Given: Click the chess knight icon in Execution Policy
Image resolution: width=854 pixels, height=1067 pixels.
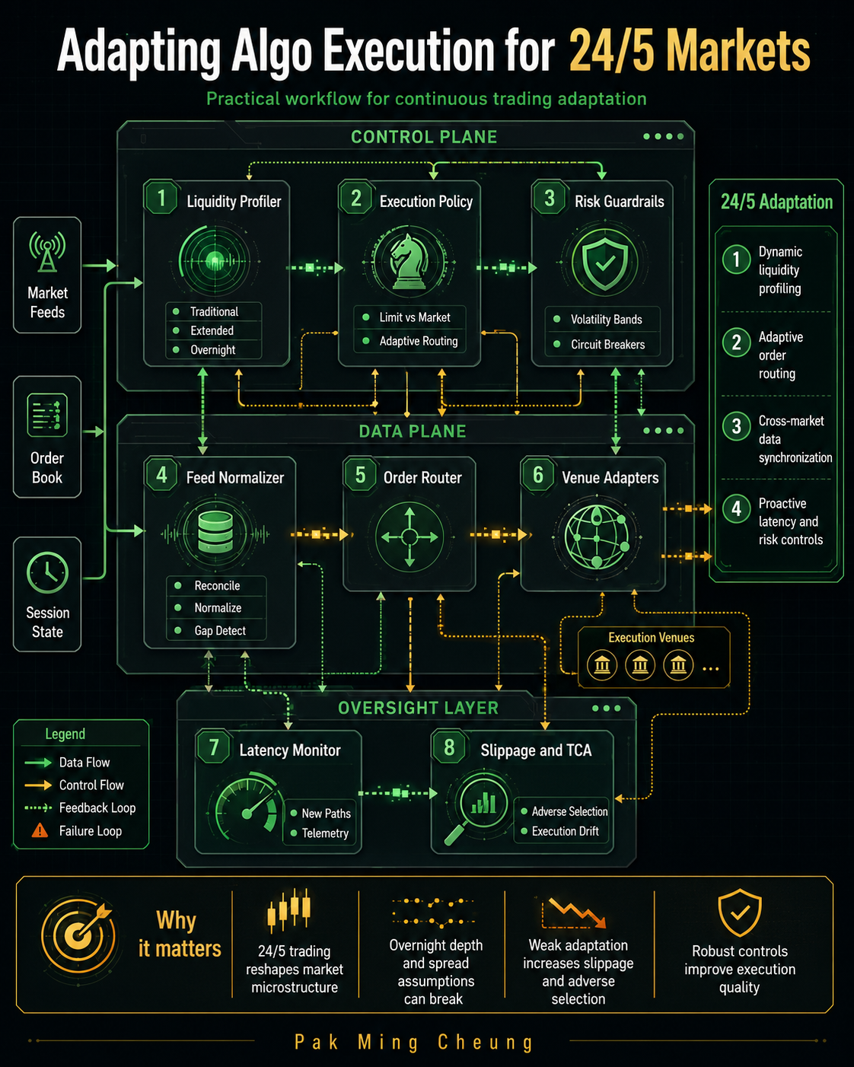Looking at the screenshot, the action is (409, 262).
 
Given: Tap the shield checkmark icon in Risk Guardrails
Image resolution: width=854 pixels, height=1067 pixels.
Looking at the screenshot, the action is (604, 262).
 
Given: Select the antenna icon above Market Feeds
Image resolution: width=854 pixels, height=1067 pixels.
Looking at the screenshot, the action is (47, 251).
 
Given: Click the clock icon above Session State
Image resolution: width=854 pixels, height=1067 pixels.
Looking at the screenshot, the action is (48, 572).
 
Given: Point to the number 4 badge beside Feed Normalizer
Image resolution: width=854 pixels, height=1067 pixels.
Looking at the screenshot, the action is (161, 475).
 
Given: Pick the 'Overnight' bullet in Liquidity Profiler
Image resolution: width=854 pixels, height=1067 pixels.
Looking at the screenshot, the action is (213, 350).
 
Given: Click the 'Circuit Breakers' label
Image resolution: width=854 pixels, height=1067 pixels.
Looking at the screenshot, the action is (607, 345).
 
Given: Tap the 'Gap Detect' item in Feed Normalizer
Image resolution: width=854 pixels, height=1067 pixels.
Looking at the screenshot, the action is (220, 631).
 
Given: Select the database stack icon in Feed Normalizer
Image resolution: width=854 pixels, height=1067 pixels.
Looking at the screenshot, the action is (215, 532).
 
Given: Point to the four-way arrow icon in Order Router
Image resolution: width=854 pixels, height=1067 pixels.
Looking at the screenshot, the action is (409, 537).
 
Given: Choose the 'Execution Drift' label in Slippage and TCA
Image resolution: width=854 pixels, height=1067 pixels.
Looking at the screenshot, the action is (565, 831).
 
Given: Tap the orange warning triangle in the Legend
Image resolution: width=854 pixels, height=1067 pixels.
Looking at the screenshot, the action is (40, 830).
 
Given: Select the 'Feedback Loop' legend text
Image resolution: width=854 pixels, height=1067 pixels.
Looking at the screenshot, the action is (97, 807).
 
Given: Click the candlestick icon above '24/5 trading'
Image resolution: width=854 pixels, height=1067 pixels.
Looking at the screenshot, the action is (288, 909).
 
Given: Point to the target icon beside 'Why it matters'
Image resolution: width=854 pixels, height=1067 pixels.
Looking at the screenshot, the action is (79, 937).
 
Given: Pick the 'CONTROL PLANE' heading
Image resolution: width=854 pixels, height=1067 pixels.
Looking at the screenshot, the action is (424, 137).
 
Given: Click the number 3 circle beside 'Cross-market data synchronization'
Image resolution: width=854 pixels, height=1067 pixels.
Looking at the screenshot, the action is (737, 426).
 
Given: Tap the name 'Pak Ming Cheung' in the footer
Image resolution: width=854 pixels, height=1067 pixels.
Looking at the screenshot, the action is (413, 1042).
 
